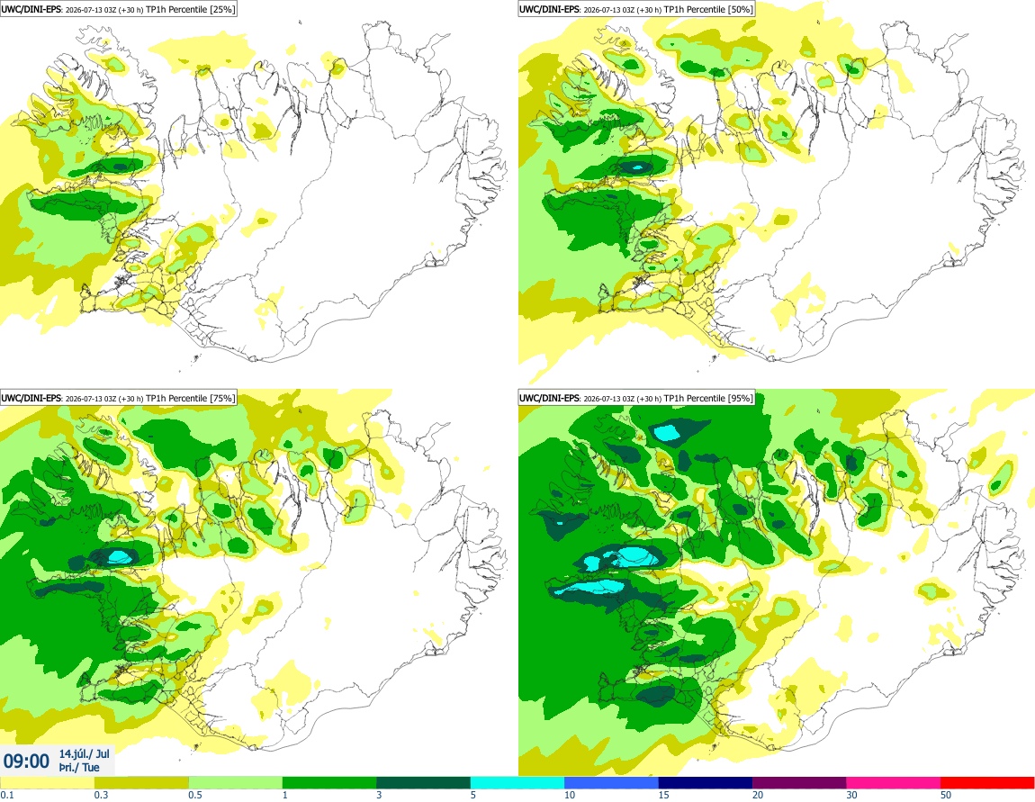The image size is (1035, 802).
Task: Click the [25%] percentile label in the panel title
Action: (x=222, y=9)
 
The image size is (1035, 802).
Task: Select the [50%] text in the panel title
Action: (x=741, y=9)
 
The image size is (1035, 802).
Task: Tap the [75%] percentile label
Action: (x=222, y=398)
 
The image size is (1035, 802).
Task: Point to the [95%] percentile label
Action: (x=741, y=398)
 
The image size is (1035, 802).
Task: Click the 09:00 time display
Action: (x=26, y=761)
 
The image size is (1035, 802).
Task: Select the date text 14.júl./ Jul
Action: (x=85, y=753)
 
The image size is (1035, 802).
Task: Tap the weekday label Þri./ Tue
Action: (x=79, y=767)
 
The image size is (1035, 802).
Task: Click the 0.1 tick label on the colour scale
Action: (x=6, y=795)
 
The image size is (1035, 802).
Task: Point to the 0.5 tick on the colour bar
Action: (x=194, y=795)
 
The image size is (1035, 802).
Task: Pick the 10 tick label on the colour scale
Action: (x=569, y=795)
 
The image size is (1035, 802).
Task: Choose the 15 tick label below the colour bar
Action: (x=663, y=795)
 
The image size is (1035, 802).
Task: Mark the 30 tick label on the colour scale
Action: (x=851, y=795)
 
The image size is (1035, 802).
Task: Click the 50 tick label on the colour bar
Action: (x=946, y=795)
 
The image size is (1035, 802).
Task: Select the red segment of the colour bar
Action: (x=987, y=783)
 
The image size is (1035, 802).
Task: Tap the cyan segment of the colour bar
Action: (x=517, y=783)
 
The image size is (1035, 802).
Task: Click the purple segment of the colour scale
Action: (x=799, y=783)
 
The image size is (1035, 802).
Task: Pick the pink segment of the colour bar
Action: (x=893, y=783)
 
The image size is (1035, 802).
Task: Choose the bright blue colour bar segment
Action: (x=611, y=783)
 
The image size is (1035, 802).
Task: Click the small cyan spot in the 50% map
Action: (x=637, y=167)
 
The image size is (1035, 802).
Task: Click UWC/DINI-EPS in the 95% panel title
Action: (x=549, y=398)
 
